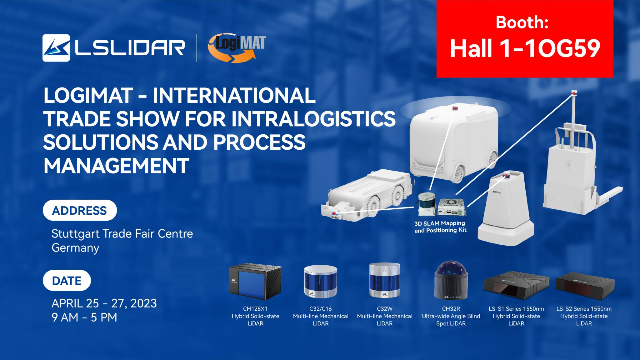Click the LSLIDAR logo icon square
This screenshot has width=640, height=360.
click(x=56, y=48)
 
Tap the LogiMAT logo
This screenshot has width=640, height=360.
click(x=237, y=48)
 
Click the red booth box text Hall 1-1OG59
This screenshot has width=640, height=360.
click(x=525, y=48)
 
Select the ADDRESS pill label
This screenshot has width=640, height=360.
click(x=80, y=210)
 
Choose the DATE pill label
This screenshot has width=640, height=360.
click(x=67, y=280)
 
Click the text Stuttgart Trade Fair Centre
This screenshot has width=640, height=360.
click(x=122, y=233)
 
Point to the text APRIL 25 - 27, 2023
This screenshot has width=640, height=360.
click(x=104, y=303)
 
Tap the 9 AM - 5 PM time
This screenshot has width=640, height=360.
click(x=84, y=317)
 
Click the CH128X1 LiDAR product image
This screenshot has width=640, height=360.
click(x=255, y=282)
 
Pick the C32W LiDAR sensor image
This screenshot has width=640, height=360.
click(x=385, y=280)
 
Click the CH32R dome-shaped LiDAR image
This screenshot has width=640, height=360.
click(x=451, y=280)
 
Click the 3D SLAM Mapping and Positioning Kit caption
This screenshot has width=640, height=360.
click(x=440, y=227)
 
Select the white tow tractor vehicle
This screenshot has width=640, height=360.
click(x=369, y=194)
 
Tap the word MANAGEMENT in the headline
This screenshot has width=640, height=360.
click(x=116, y=165)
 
